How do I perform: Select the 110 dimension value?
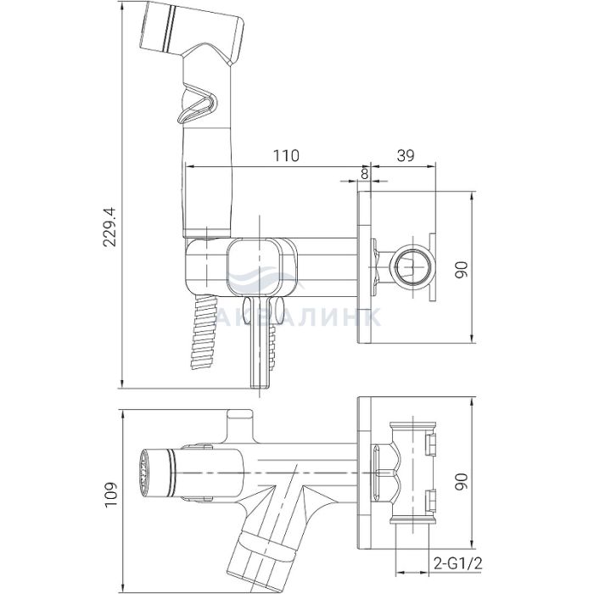[286, 155]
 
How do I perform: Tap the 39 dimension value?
[406, 155]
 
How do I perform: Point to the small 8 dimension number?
[364, 173]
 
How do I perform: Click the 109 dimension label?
[111, 495]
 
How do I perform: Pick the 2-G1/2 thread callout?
[457, 564]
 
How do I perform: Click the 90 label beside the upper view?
[462, 270]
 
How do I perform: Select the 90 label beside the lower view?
[462, 482]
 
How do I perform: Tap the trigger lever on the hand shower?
[197, 104]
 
